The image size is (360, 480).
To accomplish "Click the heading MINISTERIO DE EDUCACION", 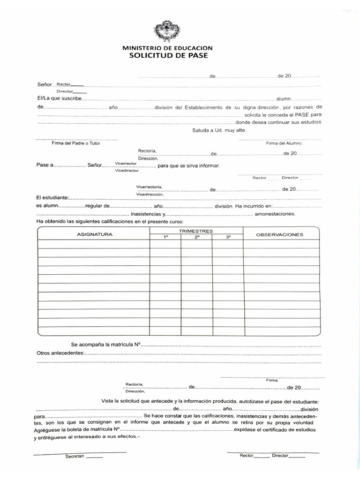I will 167,48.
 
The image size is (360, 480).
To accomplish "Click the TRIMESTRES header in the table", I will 196,231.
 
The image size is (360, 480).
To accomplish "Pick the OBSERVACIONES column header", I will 279,234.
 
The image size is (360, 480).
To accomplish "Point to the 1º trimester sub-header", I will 165,238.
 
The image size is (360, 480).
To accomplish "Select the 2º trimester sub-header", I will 197,238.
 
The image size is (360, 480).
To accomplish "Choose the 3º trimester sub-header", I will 228,238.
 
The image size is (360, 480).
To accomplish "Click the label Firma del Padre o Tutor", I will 76,143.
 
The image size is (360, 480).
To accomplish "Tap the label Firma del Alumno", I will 284,143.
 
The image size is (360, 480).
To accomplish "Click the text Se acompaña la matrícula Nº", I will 106,345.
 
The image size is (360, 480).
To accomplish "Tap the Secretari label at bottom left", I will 75,457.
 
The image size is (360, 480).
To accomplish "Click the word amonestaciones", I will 275,214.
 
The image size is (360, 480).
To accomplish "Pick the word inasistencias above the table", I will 146,214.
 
